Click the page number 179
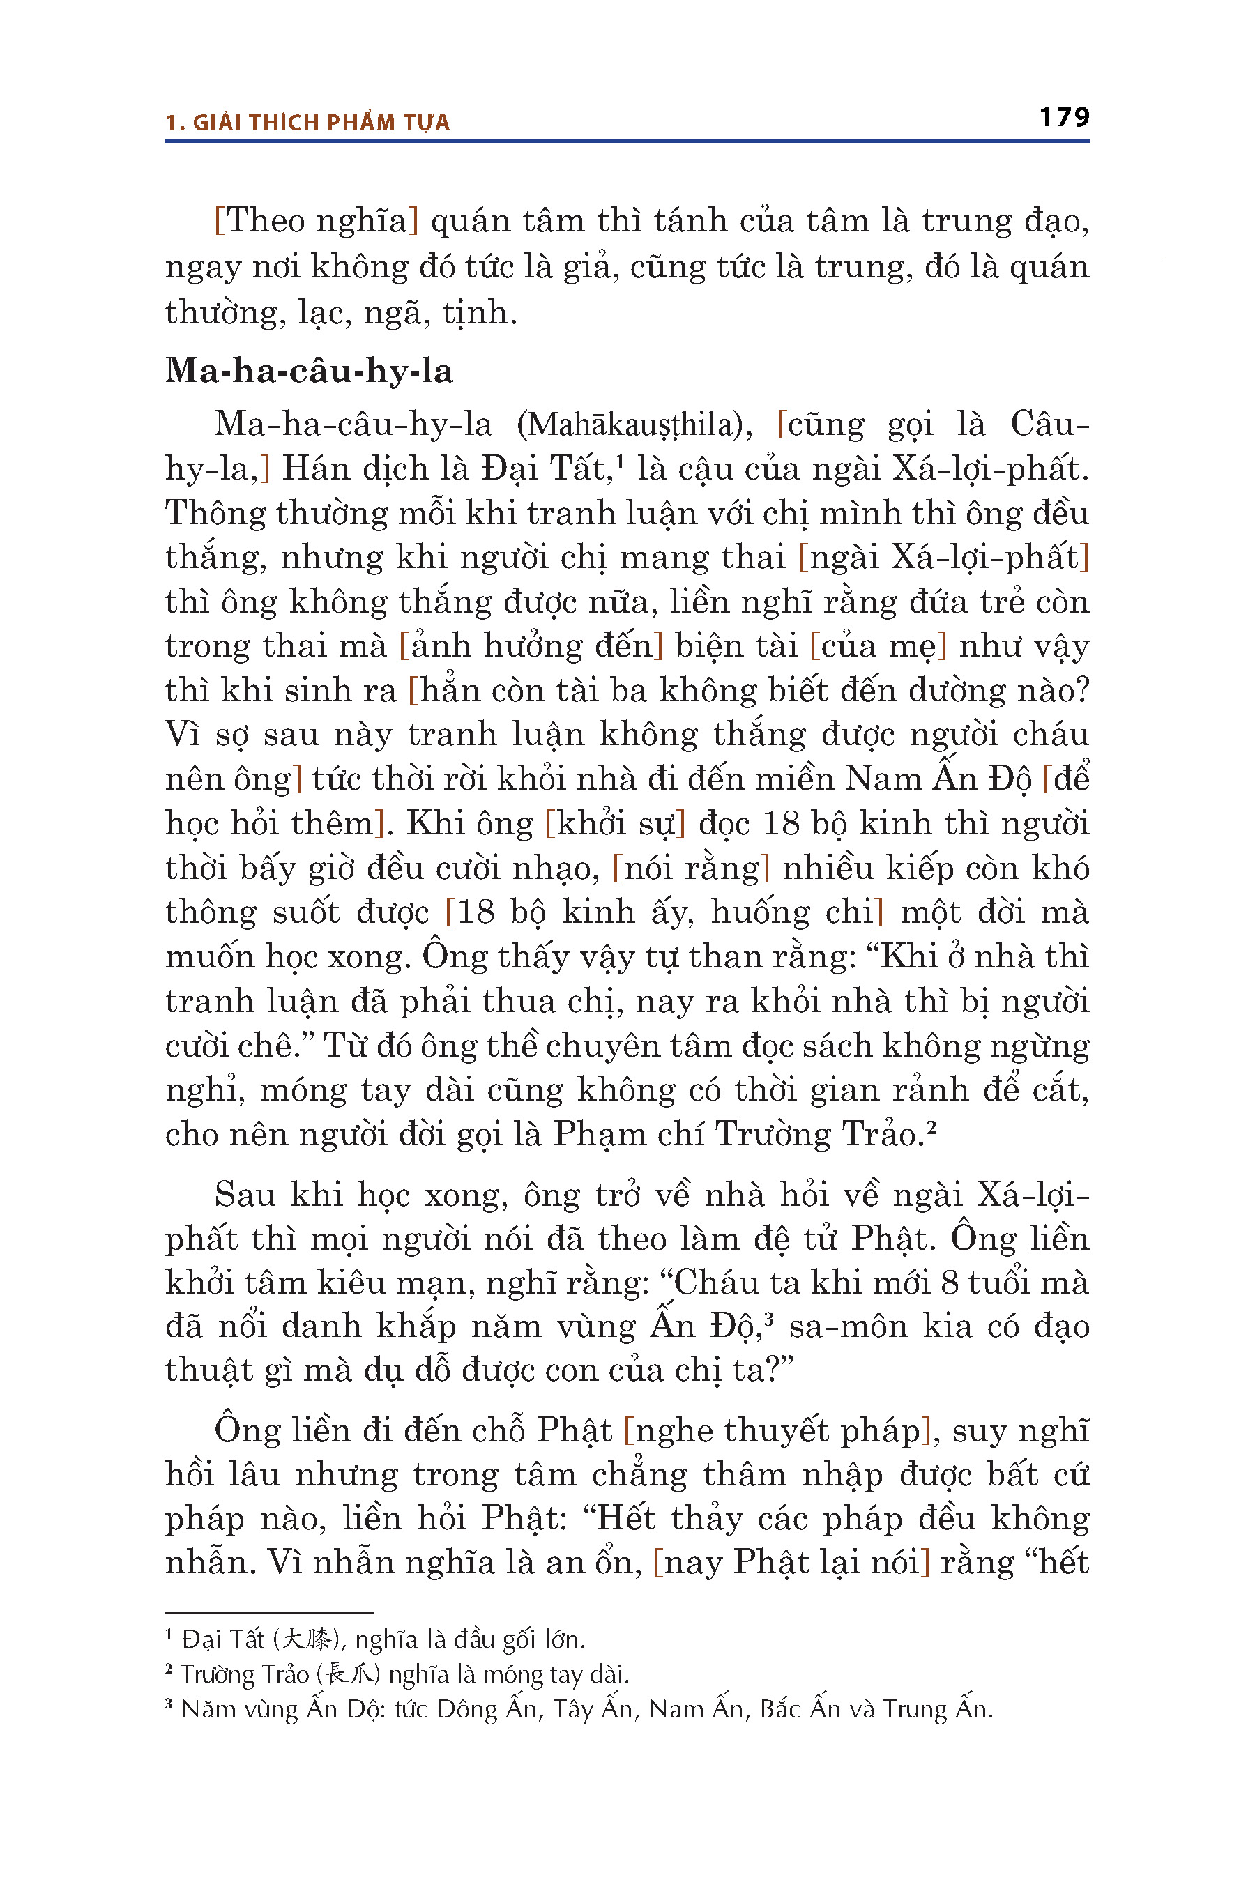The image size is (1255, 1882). click(1064, 118)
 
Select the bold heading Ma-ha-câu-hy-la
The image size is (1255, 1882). click(309, 372)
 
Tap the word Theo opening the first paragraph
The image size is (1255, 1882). click(264, 222)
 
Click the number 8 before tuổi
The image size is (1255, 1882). click(949, 1283)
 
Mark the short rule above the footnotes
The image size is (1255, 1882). click(269, 1612)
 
